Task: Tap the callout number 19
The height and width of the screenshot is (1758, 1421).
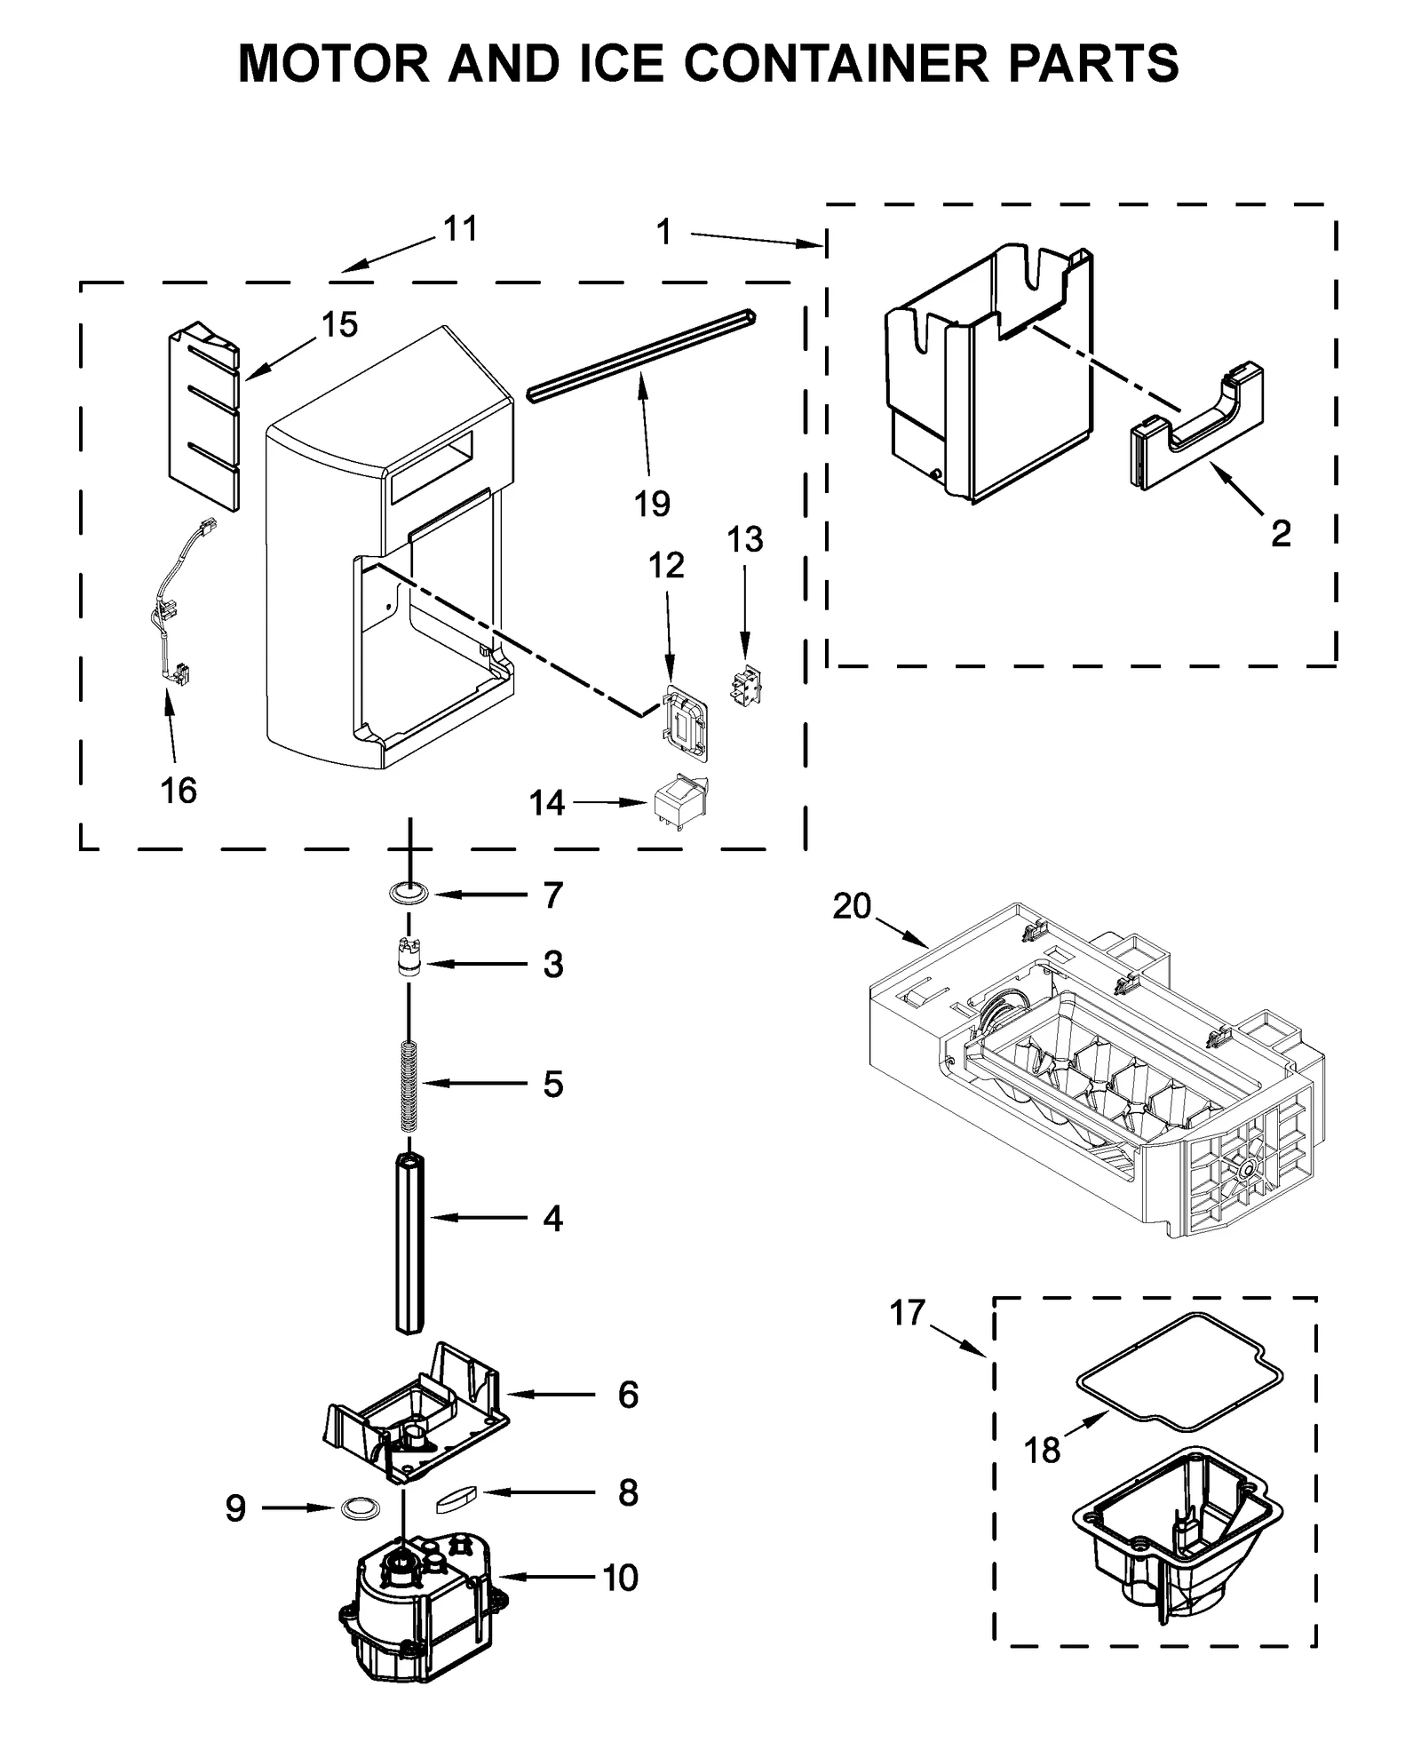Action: (651, 504)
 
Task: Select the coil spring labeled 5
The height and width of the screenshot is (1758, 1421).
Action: (409, 1086)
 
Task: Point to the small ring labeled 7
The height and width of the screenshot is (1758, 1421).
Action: (409, 894)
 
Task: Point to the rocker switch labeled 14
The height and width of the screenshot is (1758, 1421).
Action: (679, 802)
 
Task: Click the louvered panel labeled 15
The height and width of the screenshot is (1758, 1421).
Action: (203, 418)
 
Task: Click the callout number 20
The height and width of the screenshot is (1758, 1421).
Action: (852, 906)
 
